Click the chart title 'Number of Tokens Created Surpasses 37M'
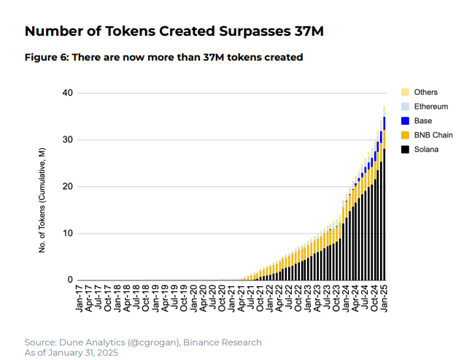(174, 31)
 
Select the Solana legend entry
(426, 150)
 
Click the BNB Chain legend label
(433, 135)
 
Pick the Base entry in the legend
(424, 120)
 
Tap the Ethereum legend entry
(430, 107)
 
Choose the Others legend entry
(425, 92)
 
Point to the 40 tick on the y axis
(69, 93)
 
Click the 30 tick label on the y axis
(69, 140)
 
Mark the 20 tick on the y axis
(69, 187)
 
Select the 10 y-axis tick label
(69, 234)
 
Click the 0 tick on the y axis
(71, 280)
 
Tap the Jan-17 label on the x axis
(80, 299)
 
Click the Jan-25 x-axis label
(384, 299)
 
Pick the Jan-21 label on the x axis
(232, 299)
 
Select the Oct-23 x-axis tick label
(336, 299)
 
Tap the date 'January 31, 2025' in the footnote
(82, 353)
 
